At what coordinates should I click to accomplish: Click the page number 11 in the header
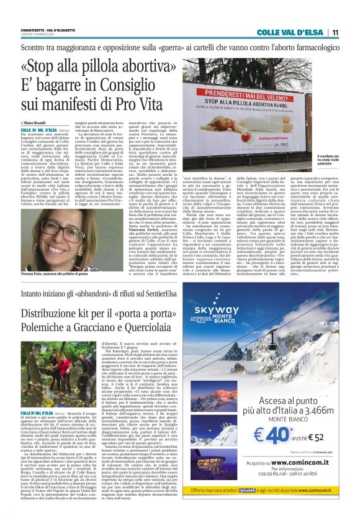click(351, 33)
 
